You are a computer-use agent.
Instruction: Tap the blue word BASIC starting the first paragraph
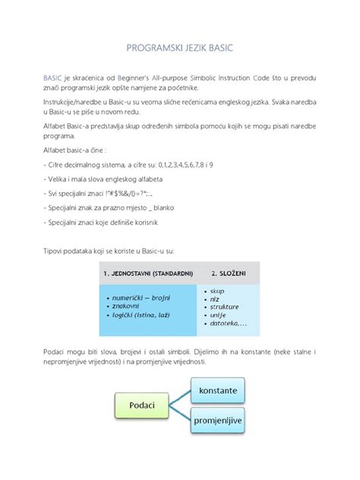(52, 78)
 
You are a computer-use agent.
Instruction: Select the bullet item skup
(217, 291)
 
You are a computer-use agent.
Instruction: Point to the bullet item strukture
(226, 308)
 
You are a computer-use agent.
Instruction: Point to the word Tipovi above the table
(53, 250)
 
